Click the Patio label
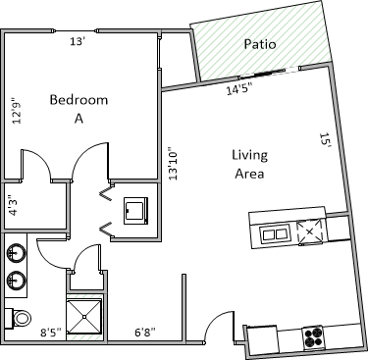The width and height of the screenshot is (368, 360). [x=260, y=44]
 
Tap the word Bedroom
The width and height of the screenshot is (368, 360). [x=79, y=99]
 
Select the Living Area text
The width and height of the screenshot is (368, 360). [x=250, y=164]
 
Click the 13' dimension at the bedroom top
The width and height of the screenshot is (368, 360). [x=78, y=41]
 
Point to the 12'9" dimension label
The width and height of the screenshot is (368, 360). [x=17, y=111]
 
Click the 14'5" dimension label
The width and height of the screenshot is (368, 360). [x=239, y=89]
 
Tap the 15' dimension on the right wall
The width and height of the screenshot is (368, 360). [x=326, y=140]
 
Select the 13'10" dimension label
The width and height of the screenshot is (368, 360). [x=173, y=166]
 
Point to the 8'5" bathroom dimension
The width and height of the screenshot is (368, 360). [x=51, y=333]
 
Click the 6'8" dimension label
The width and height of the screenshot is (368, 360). [x=145, y=333]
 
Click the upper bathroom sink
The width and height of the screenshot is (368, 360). [x=16, y=253]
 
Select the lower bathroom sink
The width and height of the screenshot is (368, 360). [x=16, y=280]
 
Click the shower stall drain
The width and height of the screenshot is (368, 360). [x=84, y=317]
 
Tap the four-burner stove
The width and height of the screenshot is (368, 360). [x=313, y=338]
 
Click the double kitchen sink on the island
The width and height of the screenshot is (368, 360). [x=275, y=234]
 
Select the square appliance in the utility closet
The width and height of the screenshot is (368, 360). [x=135, y=211]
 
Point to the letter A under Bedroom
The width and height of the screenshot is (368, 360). [x=79, y=119]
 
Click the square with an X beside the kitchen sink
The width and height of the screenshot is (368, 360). [x=309, y=232]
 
